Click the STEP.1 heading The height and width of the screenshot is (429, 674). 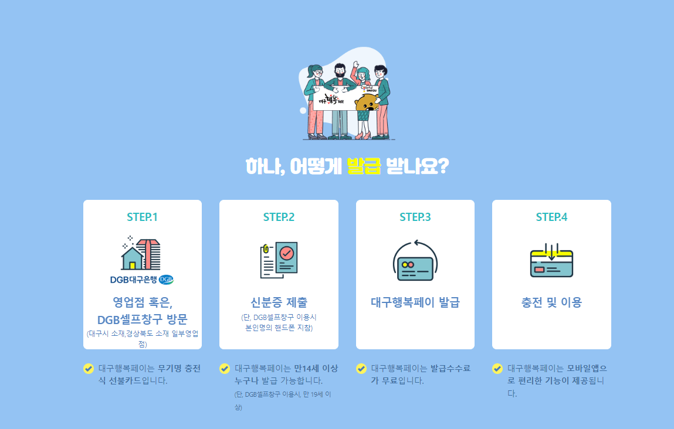coord(142,217)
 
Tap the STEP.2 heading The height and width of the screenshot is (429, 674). coord(279,217)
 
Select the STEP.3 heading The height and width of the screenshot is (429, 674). coord(415,217)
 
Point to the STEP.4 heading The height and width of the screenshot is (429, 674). coord(551,217)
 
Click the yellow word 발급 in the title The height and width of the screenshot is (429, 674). coord(364,166)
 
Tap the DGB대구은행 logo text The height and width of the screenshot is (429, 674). coord(142,280)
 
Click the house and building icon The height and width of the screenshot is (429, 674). coord(141,253)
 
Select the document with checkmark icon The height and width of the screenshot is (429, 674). coord(279,260)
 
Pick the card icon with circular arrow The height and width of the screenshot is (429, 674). coord(415,261)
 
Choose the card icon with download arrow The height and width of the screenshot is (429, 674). coord(551,260)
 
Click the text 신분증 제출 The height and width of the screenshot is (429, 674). coord(279,303)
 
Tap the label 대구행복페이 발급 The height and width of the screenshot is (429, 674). coord(415,303)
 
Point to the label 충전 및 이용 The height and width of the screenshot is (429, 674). coord(551,303)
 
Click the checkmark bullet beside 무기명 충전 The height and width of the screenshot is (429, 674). coord(89,369)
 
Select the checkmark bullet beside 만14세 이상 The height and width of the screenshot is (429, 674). coord(225,369)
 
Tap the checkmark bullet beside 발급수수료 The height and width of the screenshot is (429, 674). coord(361,369)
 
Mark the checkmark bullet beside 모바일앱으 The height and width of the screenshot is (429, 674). coord(497,369)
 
